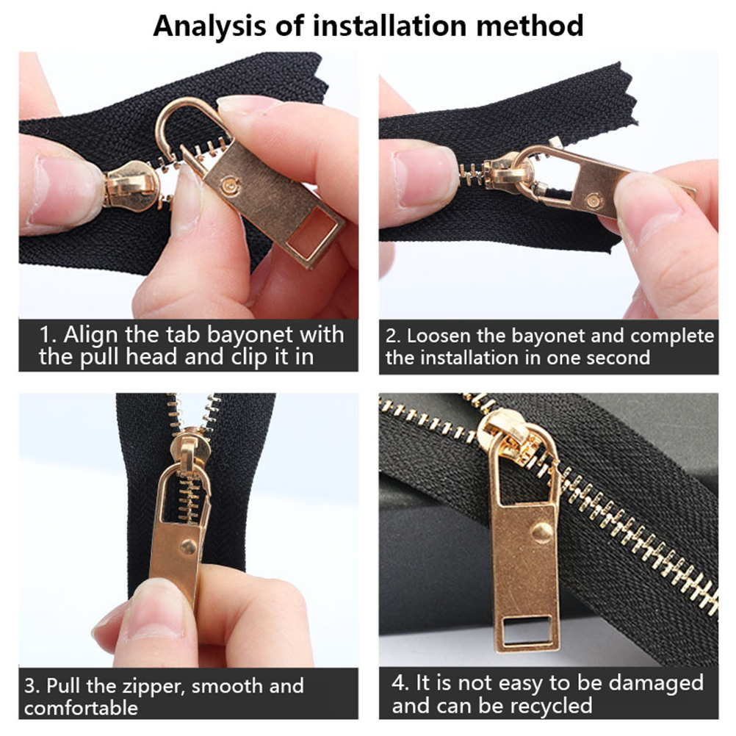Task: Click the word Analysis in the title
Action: pos(209,26)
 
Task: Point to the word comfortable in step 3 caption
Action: pos(82,707)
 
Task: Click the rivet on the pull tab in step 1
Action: pos(231,184)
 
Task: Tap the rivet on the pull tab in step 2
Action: pos(594,201)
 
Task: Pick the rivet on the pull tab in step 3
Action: pos(189,546)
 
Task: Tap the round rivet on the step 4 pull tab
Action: pos(542,531)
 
